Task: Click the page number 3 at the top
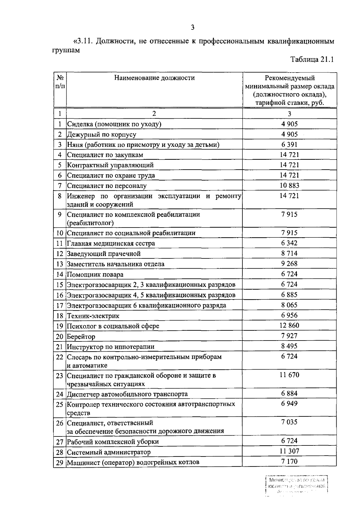pos(193,28)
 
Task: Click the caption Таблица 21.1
pos(312,59)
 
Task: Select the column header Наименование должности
pos(154,78)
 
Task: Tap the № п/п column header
pos(60,82)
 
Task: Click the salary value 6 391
pos(289,144)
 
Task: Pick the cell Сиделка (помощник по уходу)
pos(114,124)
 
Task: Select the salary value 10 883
pos(289,185)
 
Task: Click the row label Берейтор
pos(81,336)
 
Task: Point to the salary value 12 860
pos(289,326)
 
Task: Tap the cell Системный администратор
pos(109,452)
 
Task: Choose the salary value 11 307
pos(289,451)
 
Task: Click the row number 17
pos(60,305)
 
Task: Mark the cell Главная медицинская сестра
pos(111,243)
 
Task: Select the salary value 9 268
pos(289,263)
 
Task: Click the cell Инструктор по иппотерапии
pos(111,347)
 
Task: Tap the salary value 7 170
pos(289,461)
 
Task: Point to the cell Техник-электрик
pos(93,316)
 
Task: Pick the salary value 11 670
pos(289,375)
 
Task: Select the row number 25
pos(60,404)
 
